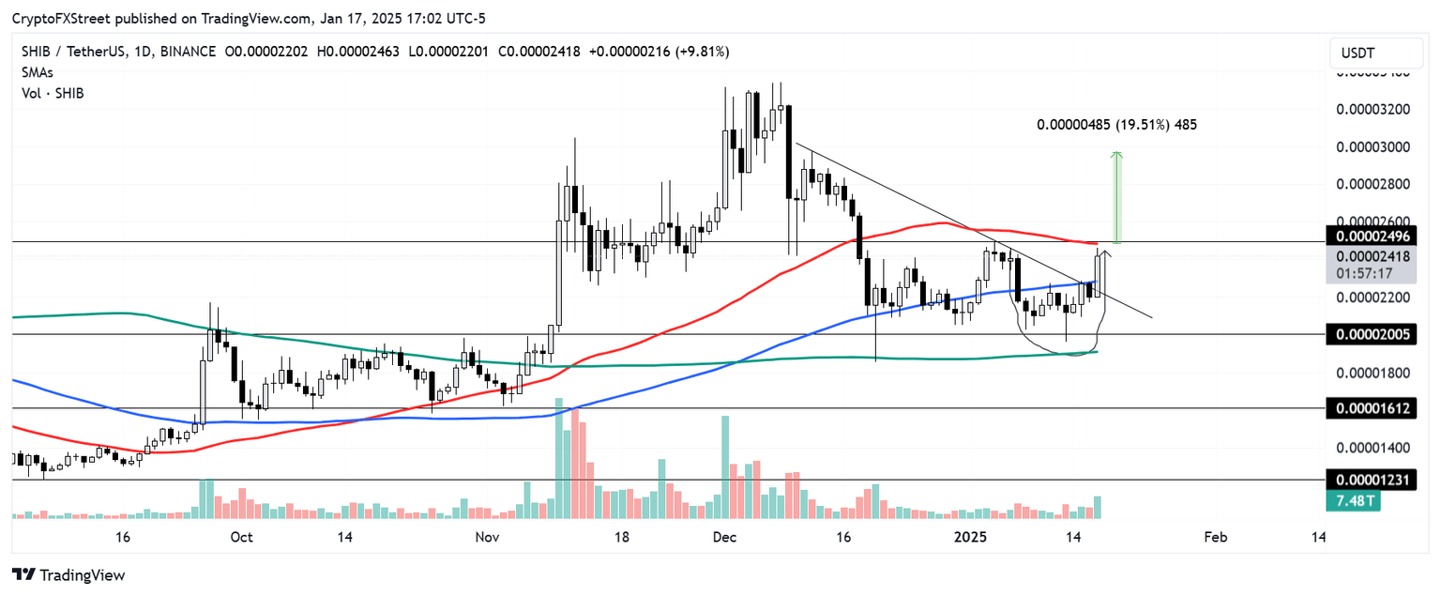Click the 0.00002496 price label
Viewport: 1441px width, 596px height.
pos(1371,236)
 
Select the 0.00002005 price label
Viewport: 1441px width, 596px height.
pos(1371,334)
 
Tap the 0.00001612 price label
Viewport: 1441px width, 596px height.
pos(1371,408)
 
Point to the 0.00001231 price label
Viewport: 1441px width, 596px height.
pos(1371,481)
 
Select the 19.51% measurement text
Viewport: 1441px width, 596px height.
pos(1133,124)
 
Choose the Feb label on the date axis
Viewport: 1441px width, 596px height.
pos(1214,538)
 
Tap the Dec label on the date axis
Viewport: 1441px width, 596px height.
pos(723,538)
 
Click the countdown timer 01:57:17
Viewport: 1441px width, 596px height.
pos(1364,273)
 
